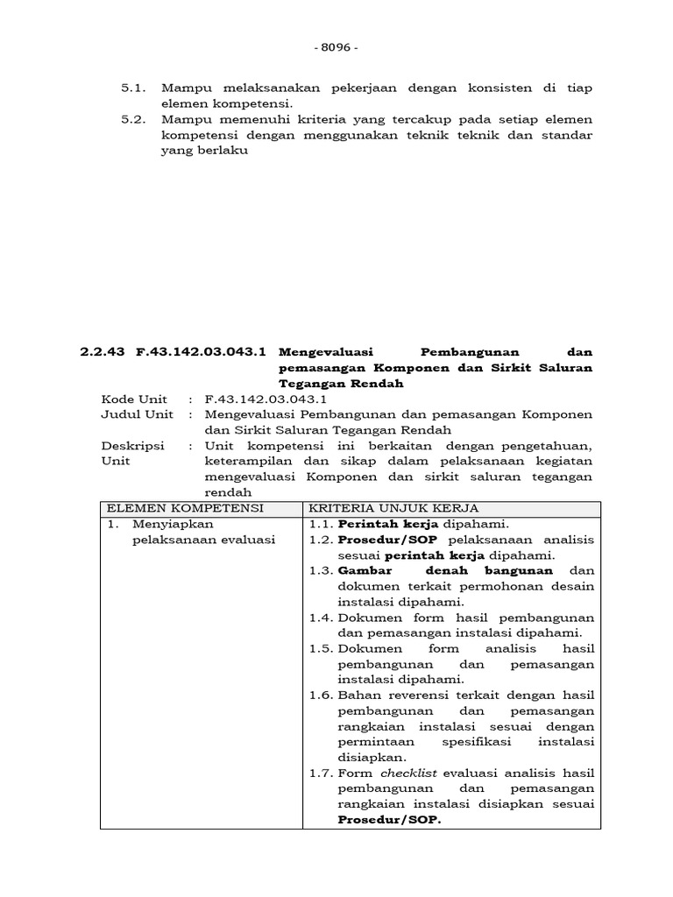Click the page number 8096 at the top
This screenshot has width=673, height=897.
(336, 47)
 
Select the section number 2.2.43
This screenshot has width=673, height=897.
(103, 351)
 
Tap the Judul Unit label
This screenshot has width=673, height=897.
(137, 414)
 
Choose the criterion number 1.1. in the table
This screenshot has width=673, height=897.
(321, 524)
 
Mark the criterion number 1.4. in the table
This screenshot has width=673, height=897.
(321, 618)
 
